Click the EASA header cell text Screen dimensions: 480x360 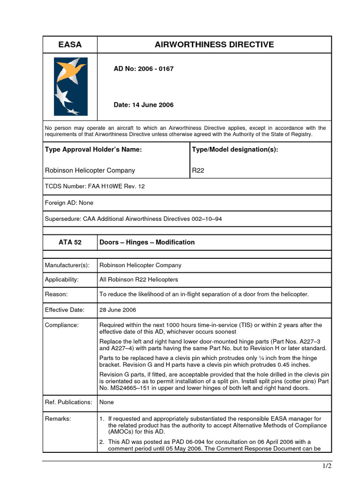point(70,45)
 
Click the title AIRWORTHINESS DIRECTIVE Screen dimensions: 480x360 point(214,45)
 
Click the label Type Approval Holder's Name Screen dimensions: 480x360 point(93,150)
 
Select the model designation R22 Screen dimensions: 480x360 point(198,171)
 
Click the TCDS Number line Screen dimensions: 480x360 point(95,187)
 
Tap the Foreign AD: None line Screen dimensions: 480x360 point(69,203)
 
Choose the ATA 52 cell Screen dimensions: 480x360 point(70,242)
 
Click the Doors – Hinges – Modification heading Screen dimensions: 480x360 point(147,242)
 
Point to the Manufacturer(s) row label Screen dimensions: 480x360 point(67,265)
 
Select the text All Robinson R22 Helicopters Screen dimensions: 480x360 point(139,280)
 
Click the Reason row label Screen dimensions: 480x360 point(56,294)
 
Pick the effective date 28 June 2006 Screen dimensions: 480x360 point(118,310)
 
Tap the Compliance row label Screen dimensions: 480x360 point(62,325)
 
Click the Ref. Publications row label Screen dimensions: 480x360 point(68,402)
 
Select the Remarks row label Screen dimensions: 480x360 point(58,419)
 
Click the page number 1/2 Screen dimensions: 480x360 point(327,465)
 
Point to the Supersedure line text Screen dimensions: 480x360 point(133,219)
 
